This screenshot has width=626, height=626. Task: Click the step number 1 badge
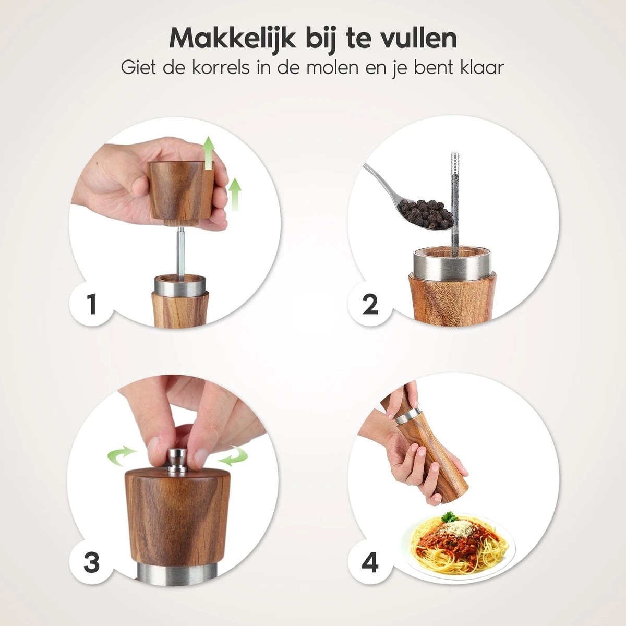pyautogui.click(x=92, y=304)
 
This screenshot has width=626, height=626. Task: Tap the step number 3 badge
pyautogui.click(x=91, y=562)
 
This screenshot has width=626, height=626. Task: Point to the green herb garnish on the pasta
pyautogui.click(x=447, y=517)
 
